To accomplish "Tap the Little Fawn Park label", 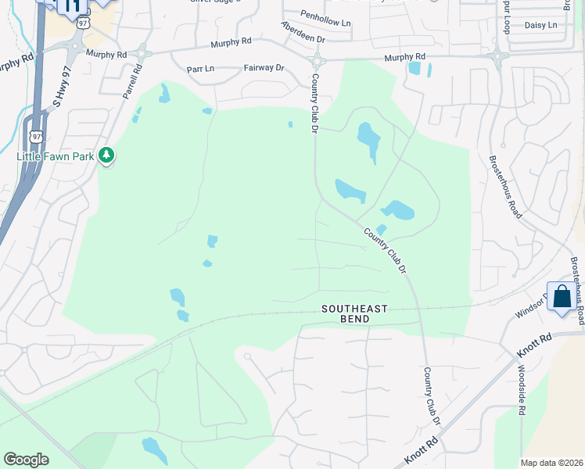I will (56, 156).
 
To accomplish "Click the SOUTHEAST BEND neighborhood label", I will (354, 309).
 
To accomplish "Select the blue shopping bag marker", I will (561, 297).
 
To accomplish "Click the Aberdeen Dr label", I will (304, 33).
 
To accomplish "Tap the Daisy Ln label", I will (540, 25).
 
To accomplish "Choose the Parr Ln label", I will (200, 69).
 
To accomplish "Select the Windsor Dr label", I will (531, 306).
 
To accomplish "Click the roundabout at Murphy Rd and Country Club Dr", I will (317, 60).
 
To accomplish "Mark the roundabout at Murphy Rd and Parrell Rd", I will (142, 54).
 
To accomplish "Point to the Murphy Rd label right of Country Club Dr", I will (404, 57).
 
